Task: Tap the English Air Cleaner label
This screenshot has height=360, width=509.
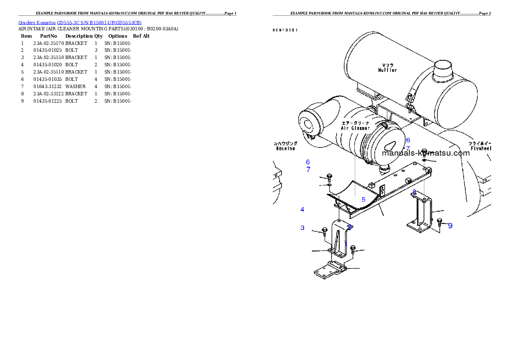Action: [355, 128]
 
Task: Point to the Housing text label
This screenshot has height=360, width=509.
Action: [285, 148]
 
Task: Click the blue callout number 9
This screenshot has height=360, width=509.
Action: [450, 226]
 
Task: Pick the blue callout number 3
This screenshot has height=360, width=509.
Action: [302, 228]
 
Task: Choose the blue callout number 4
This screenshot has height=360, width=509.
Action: [302, 210]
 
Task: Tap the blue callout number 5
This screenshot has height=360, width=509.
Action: [364, 199]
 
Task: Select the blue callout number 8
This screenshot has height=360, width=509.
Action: [414, 192]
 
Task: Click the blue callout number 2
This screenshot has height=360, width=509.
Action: [349, 227]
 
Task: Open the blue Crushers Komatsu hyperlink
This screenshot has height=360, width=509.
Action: [80, 23]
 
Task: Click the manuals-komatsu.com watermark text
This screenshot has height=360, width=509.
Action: [426, 153]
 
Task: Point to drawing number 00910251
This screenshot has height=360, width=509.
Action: [285, 30]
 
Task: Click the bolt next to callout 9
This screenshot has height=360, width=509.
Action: [440, 221]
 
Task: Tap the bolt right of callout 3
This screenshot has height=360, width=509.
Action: [324, 232]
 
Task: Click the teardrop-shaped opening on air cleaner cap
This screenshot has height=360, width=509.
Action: [390, 145]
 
